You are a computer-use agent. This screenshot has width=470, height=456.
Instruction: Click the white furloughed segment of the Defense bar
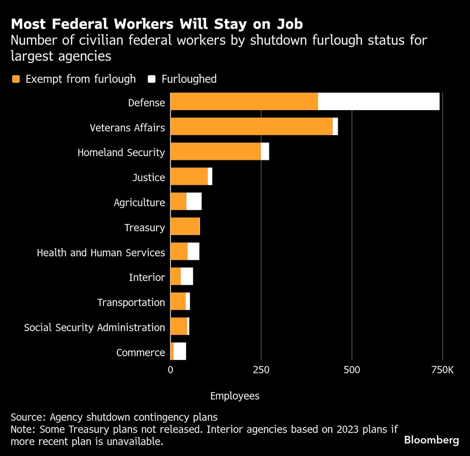pos(378,102)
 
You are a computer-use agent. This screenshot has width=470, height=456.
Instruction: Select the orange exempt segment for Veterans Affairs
pos(251,127)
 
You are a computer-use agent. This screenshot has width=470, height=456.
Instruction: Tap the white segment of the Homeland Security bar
pos(265,152)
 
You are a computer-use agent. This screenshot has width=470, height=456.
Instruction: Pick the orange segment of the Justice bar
pos(188,176)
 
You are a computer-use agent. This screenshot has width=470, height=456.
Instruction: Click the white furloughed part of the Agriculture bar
pos(194,201)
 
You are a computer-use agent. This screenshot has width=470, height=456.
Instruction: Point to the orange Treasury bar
pos(184,226)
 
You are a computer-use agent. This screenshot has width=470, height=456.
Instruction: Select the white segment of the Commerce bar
pos(180,352)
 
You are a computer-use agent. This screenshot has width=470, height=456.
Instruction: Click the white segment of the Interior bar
pos(187,276)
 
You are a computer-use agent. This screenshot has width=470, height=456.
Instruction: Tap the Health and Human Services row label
pos(101,253)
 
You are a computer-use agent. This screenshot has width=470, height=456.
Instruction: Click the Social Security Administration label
pos(94,328)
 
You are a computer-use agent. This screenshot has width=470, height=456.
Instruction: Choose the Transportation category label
pos(131,303)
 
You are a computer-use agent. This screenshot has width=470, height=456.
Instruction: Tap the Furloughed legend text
pos(189,79)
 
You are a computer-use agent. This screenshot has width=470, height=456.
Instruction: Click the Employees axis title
pos(235,396)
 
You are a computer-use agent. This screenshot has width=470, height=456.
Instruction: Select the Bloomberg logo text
pos(431,440)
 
